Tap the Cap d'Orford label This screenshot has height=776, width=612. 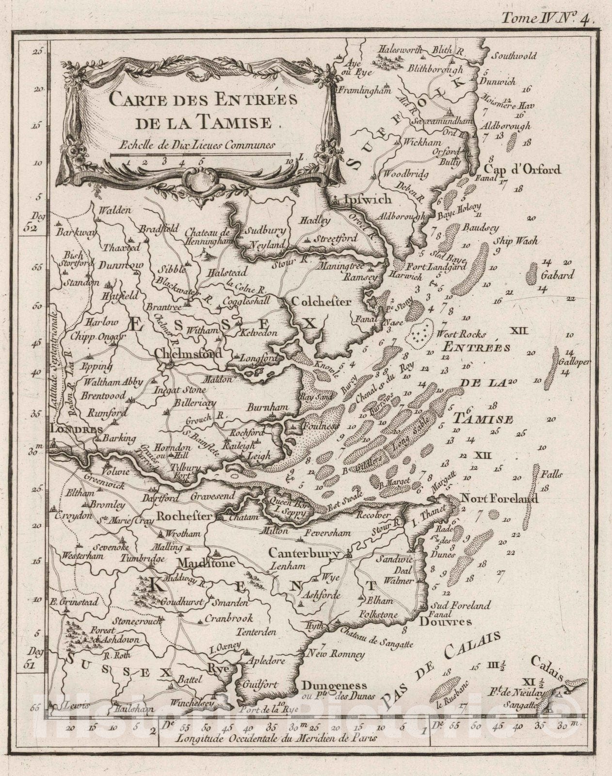click(x=522, y=170)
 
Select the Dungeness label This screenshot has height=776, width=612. click(x=334, y=686)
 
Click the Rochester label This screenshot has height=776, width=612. click(x=184, y=517)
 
